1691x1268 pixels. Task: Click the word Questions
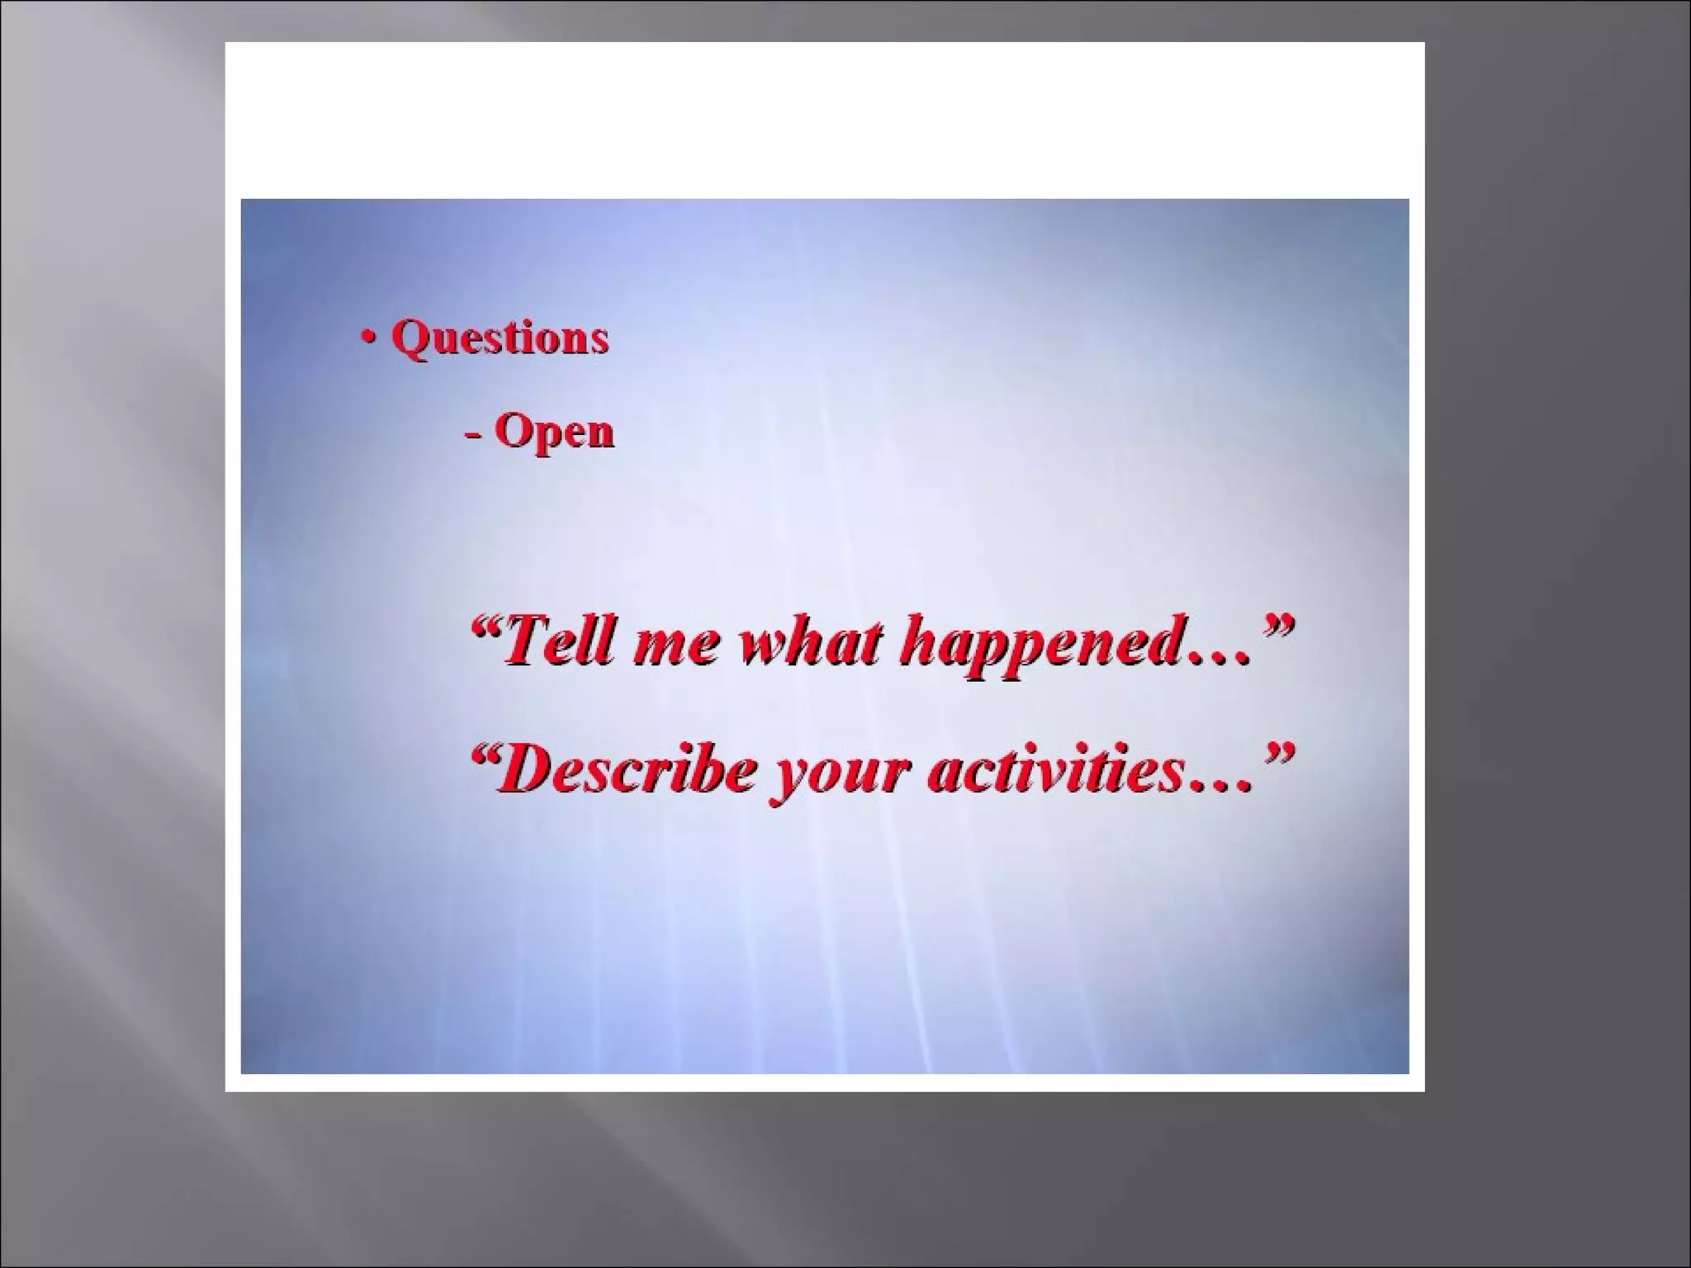pos(499,338)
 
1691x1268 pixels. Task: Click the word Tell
pos(561,643)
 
